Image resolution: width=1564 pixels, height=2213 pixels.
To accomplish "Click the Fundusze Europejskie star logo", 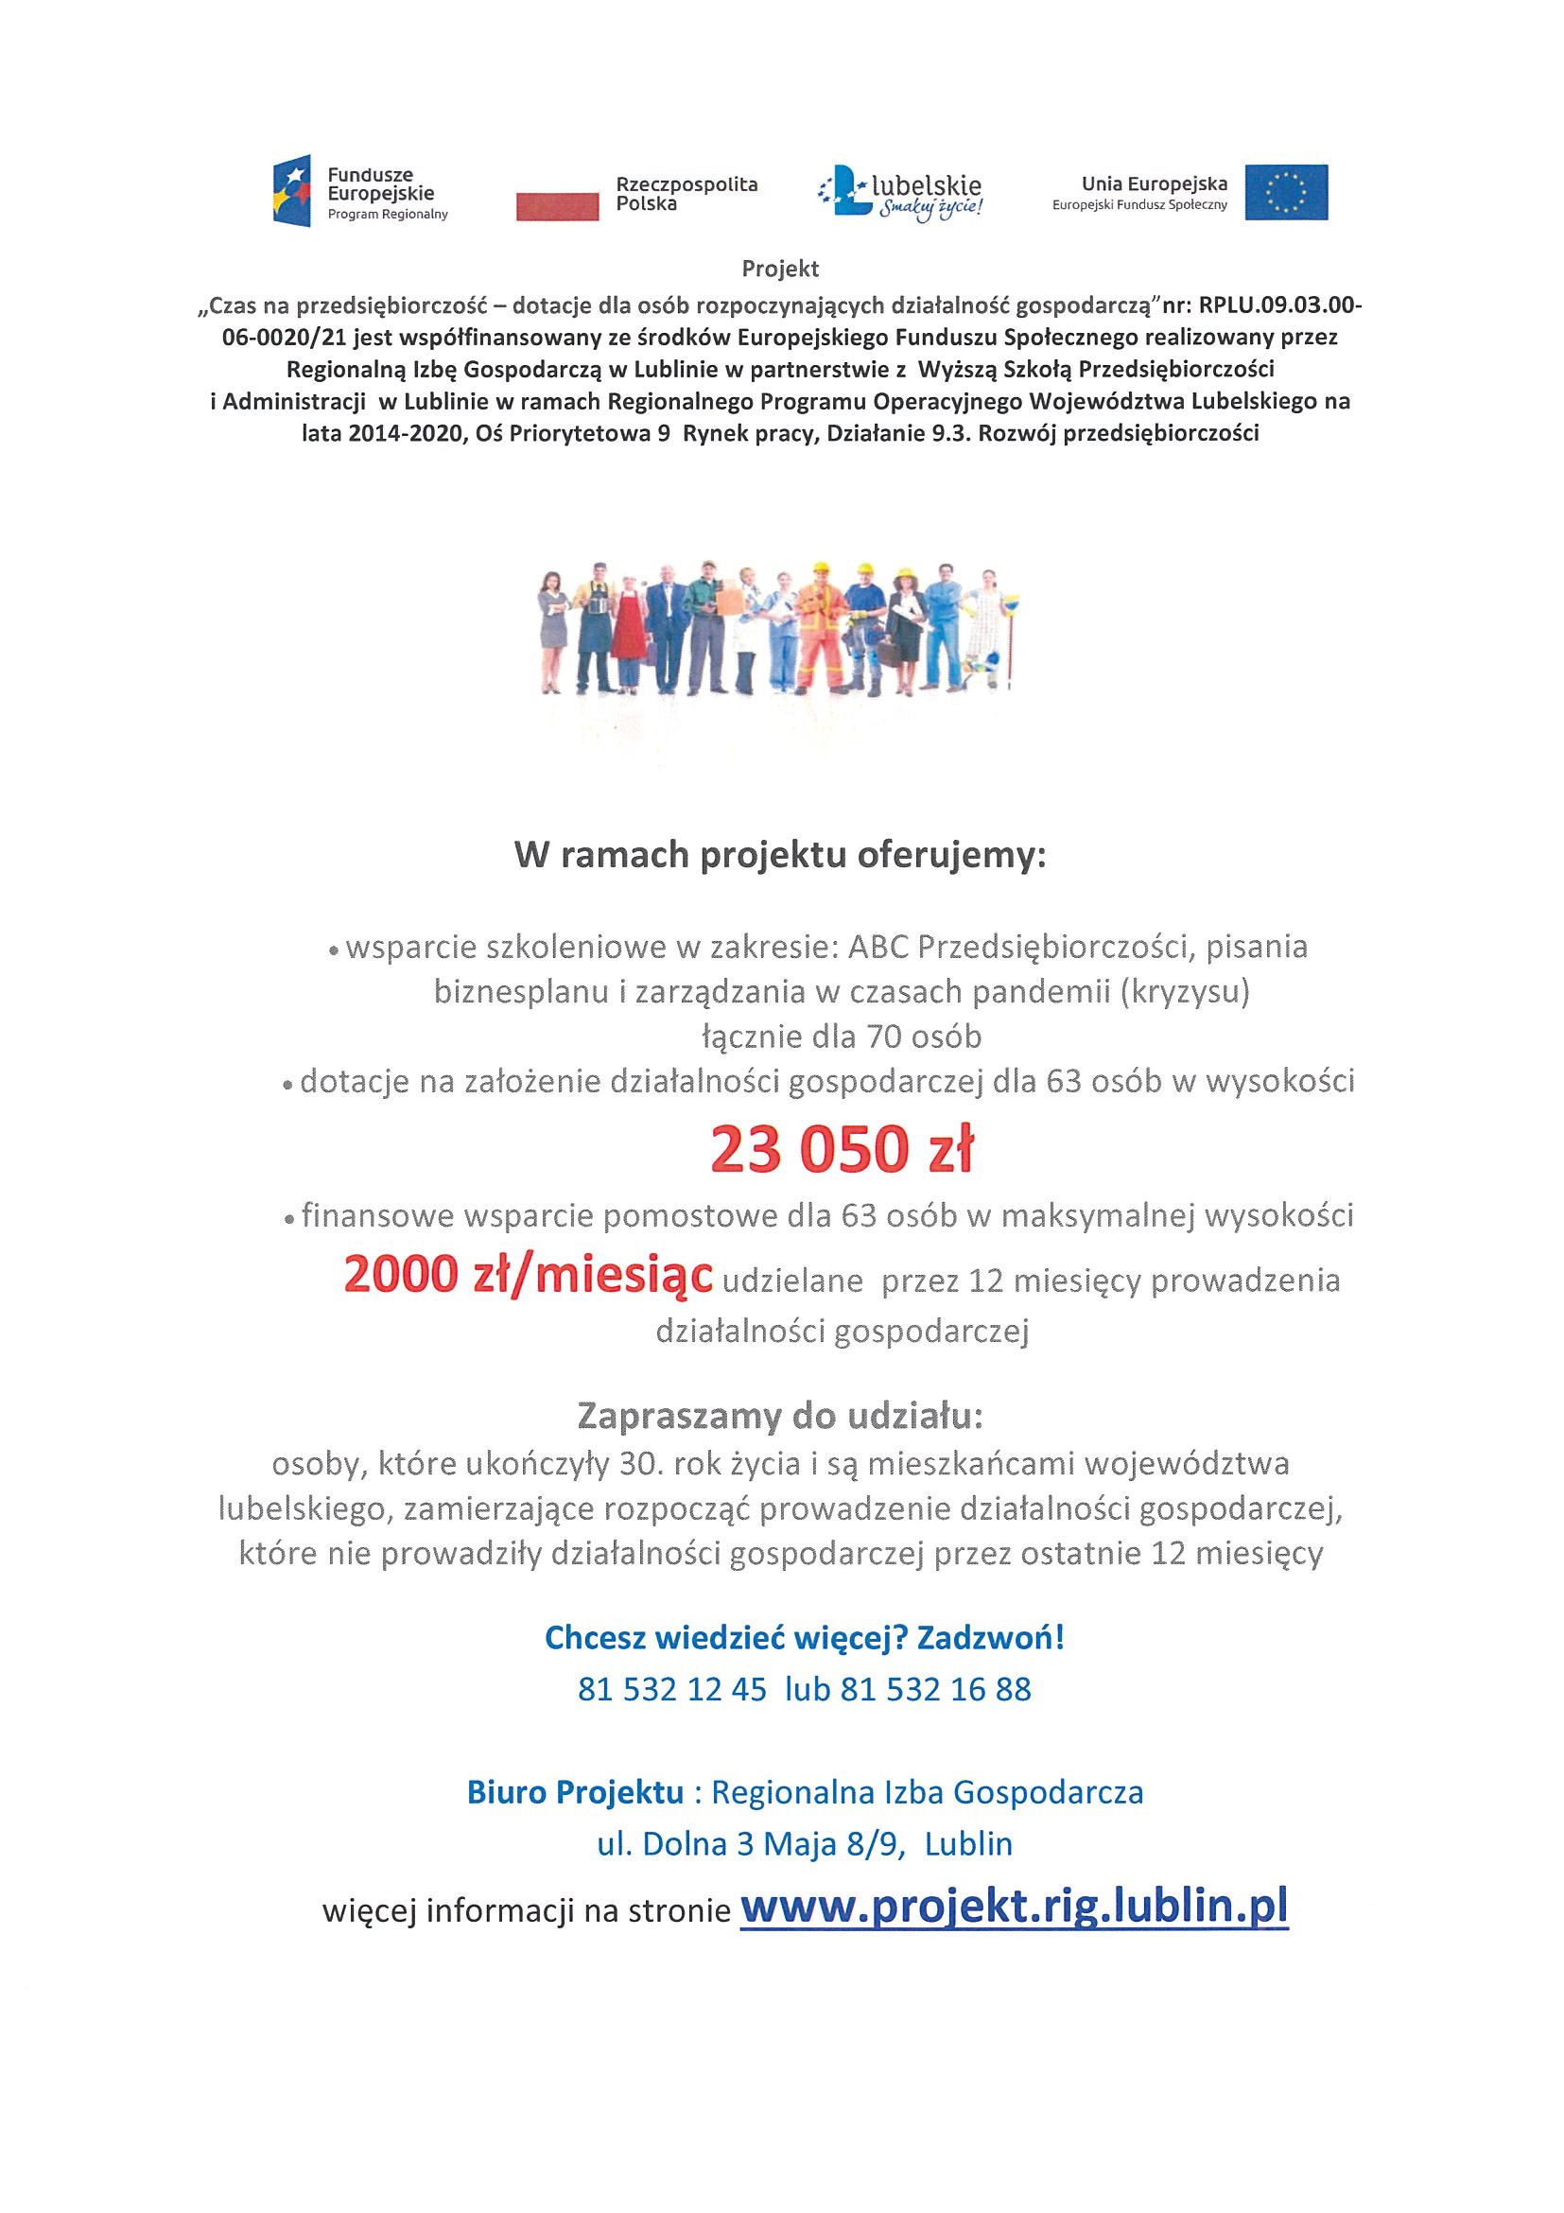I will pos(291,191).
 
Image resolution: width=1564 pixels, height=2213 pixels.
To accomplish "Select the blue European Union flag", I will pos(1285,192).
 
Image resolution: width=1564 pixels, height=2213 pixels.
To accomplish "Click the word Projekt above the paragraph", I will pos(780,269).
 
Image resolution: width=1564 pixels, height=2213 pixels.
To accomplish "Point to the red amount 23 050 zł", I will pos(843,1150).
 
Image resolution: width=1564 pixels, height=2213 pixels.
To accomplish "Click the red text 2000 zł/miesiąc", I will pos(528,1275).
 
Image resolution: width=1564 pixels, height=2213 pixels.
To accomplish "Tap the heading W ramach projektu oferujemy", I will pos(780,856).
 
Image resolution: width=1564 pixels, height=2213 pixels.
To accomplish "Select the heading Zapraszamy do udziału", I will pos(780,1416).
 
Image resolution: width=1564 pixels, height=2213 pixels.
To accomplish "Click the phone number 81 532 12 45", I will pos(672,1689).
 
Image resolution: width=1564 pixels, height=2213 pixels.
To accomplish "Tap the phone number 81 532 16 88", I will pos(936,1689).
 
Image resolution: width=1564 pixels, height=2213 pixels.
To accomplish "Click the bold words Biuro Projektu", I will pos(575,1792).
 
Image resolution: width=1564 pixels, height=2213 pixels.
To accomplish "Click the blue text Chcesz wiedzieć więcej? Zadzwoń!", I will pos(805,1638).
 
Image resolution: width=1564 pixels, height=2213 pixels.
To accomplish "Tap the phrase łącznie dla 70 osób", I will pos(842,1037).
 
